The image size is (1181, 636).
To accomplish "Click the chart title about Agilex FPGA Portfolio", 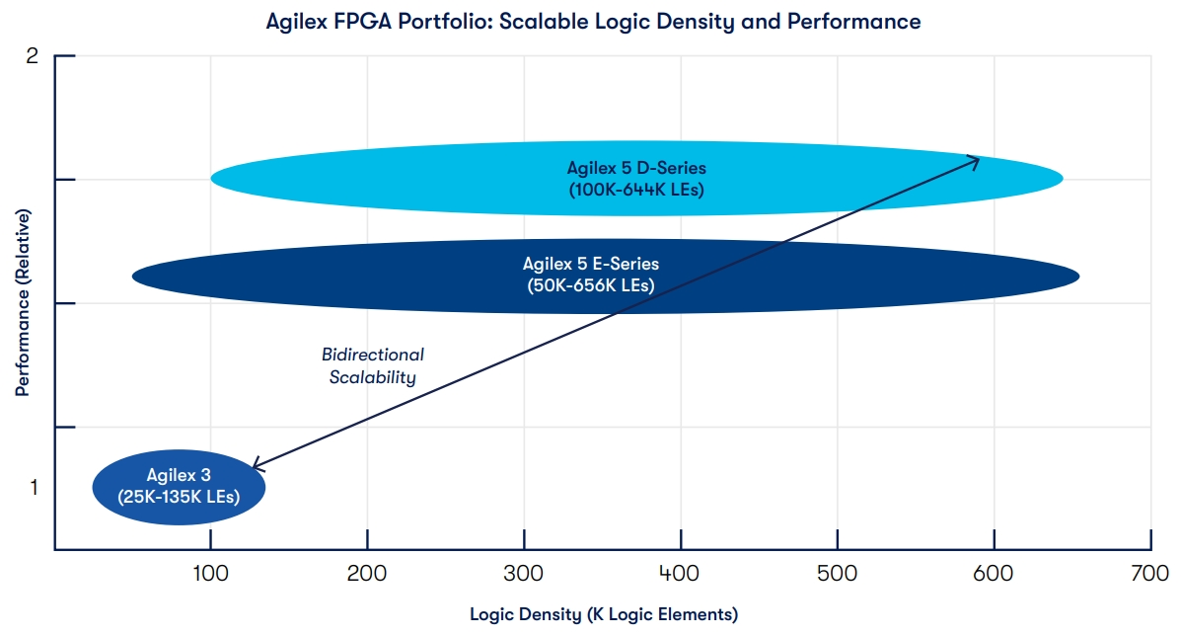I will (x=593, y=22).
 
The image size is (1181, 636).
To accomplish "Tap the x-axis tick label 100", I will (x=210, y=574).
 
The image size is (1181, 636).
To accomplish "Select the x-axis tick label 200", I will (x=367, y=574).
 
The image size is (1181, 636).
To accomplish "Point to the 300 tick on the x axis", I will (x=524, y=574).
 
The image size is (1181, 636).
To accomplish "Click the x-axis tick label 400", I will (x=681, y=574).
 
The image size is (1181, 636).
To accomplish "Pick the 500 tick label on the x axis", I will (x=838, y=574).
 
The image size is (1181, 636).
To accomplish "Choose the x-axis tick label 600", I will (x=994, y=574).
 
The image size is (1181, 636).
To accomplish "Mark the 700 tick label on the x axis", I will (x=1150, y=574).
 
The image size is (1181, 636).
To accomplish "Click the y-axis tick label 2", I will (x=32, y=56).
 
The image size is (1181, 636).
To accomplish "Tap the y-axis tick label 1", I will (x=33, y=487).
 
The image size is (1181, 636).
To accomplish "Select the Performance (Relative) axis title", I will (x=22, y=302).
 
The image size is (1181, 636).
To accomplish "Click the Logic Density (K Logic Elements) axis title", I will (x=603, y=614).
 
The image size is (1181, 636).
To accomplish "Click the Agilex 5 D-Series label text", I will (x=636, y=167).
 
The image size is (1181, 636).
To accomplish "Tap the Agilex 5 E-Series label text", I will (x=590, y=264).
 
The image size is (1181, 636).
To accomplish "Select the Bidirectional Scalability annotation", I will (x=372, y=365).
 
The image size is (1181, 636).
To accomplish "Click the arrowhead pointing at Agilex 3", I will (x=256, y=464).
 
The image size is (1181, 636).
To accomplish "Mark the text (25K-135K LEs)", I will (x=179, y=496).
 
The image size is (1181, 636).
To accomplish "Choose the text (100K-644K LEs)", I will (x=636, y=189).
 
